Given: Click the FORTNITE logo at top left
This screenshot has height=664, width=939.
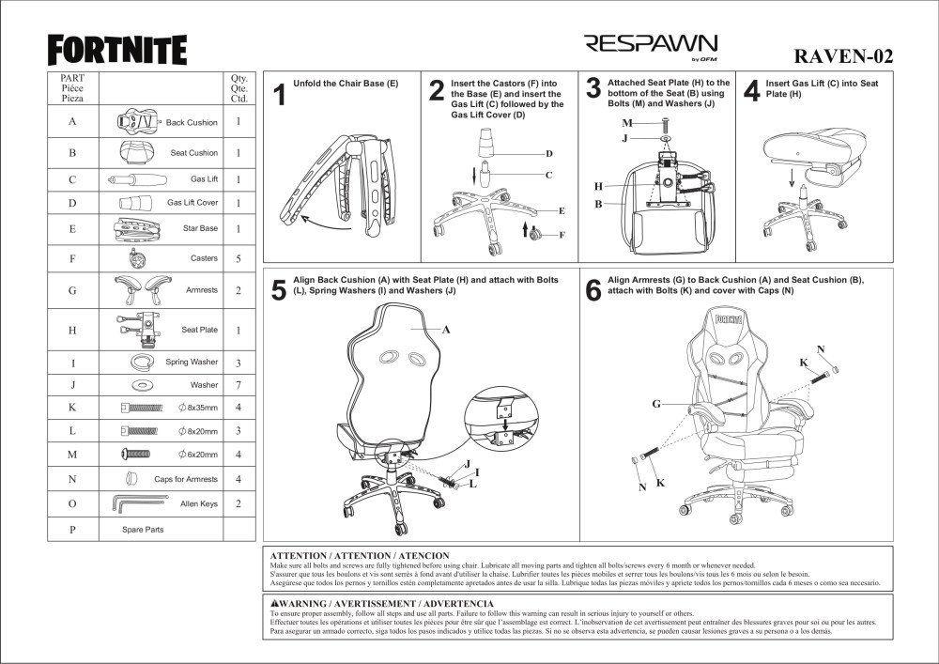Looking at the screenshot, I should tap(117, 49).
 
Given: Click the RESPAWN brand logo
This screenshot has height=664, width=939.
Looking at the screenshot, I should tap(651, 45).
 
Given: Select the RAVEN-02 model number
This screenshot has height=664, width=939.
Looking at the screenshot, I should tap(843, 55).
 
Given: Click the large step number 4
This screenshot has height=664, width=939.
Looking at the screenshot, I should tap(750, 91).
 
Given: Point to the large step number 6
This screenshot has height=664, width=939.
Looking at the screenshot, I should tap(593, 291).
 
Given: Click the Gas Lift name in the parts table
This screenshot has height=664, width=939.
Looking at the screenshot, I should tap(204, 179).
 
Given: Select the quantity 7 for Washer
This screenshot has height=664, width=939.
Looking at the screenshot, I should tap(239, 385).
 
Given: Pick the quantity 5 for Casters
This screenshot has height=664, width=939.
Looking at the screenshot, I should tap(239, 258).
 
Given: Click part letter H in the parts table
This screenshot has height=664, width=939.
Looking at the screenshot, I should tap(72, 331).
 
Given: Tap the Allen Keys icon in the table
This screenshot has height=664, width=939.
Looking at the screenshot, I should tap(141, 504).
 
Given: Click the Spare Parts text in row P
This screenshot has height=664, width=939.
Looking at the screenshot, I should tap(143, 530).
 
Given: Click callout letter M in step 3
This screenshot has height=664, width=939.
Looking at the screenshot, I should tap(626, 124).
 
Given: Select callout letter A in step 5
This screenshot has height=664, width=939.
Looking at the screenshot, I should tap(446, 330).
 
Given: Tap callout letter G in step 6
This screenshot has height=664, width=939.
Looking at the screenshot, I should tap(657, 404).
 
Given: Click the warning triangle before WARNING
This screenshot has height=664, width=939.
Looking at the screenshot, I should tap(274, 604).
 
